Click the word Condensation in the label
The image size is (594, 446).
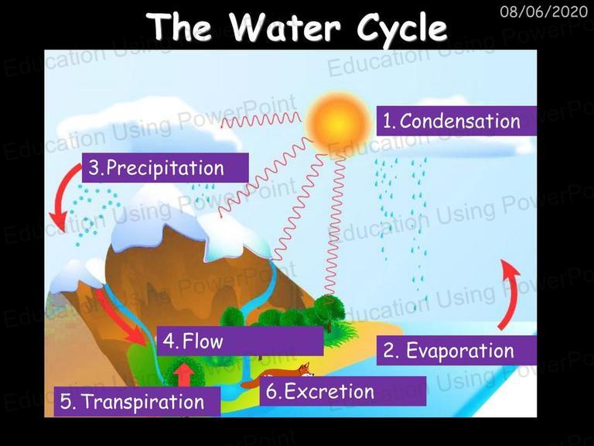(x=460, y=122)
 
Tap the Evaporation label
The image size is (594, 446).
(x=456, y=351)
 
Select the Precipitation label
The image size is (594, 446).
(x=166, y=167)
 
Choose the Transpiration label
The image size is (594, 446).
(x=137, y=402)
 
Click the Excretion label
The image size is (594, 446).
(x=343, y=391)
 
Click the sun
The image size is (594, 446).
(x=338, y=122)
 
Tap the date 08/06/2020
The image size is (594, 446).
(x=544, y=12)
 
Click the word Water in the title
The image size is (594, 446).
(x=285, y=27)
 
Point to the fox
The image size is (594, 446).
(x=278, y=376)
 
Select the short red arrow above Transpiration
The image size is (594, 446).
(x=184, y=375)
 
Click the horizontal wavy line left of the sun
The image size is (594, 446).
(x=261, y=120)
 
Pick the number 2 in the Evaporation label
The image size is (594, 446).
(x=389, y=351)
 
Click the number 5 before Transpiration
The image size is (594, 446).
(x=66, y=402)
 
